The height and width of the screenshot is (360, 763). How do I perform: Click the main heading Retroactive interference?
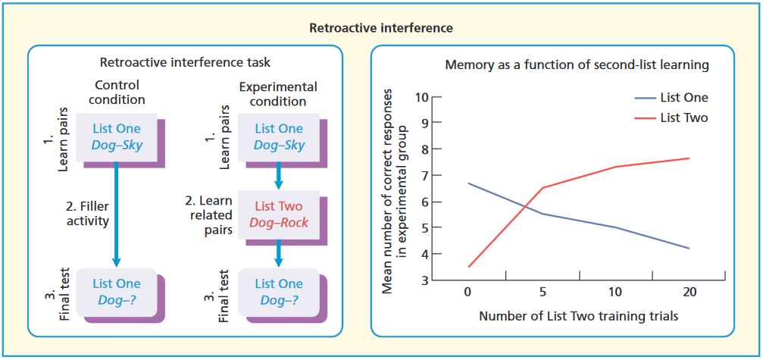click(x=381, y=28)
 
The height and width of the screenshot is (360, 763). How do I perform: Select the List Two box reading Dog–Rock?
click(x=278, y=214)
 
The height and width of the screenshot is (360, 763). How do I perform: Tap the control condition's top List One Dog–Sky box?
click(x=117, y=136)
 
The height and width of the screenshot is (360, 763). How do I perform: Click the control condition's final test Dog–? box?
click(x=117, y=292)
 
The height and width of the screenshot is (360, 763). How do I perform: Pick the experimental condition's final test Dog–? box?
click(x=278, y=292)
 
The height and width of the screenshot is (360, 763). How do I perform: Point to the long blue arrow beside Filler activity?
click(x=117, y=216)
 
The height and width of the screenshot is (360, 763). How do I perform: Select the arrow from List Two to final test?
click(x=278, y=253)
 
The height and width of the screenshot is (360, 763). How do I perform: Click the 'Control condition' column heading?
click(x=117, y=92)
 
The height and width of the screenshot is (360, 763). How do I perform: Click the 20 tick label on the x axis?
click(x=688, y=293)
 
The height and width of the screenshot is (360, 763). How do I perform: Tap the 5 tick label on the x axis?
click(x=543, y=293)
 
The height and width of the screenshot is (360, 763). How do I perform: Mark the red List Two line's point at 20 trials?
click(x=688, y=158)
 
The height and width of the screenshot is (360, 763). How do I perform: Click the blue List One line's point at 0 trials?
click(x=470, y=183)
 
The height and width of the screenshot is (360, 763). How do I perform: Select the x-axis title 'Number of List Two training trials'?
click(x=578, y=315)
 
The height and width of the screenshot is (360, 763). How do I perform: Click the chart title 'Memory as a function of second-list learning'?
click(x=577, y=65)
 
